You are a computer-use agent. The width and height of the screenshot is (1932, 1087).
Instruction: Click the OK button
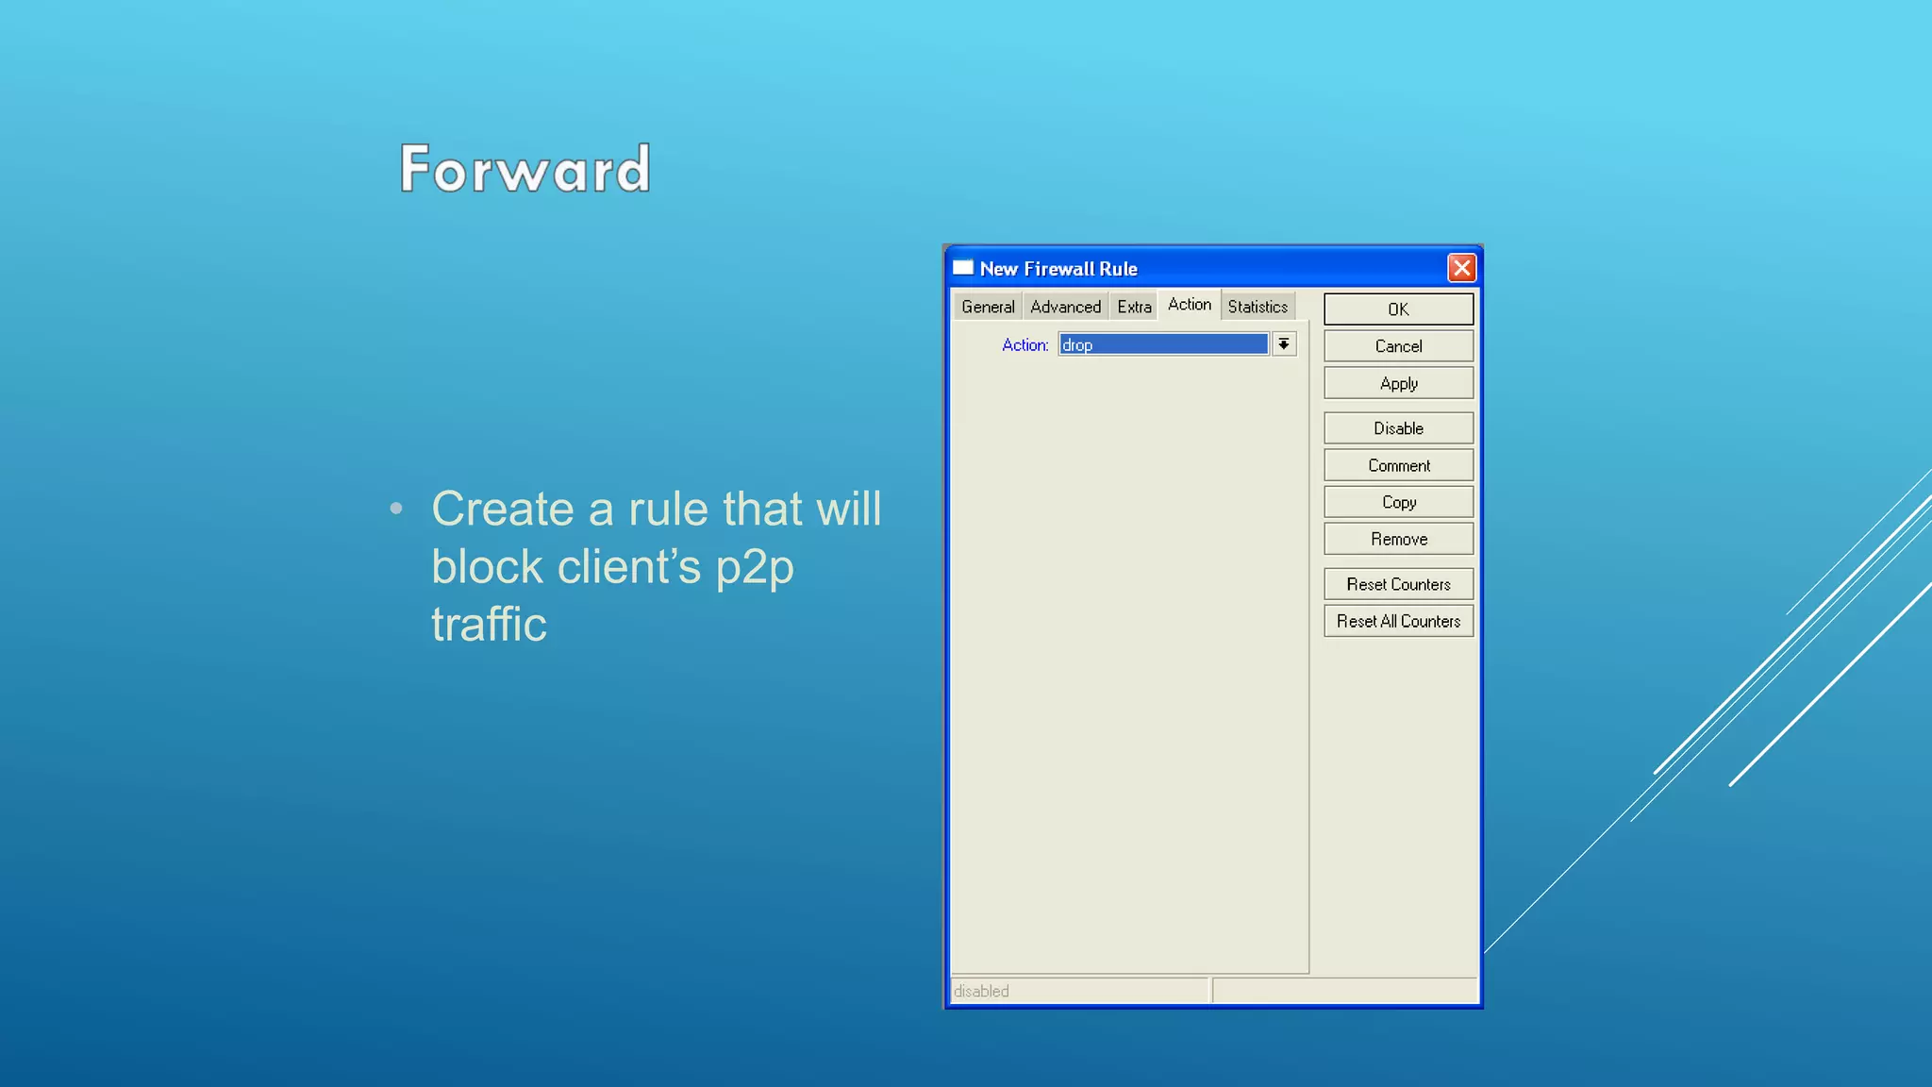click(x=1398, y=309)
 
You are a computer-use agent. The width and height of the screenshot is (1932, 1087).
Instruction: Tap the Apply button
click(x=1398, y=383)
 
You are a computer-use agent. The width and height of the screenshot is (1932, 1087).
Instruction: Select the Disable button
click(x=1398, y=428)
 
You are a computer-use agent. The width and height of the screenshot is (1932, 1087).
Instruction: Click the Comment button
click(x=1398, y=465)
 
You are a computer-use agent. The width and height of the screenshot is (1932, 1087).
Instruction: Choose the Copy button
click(x=1398, y=502)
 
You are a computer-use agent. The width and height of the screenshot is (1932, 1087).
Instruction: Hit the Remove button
click(x=1398, y=539)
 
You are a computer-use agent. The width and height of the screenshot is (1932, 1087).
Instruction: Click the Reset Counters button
click(x=1398, y=584)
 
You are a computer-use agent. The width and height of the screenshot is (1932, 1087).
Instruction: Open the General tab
click(x=988, y=307)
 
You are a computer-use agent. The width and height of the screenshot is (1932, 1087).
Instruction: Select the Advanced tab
click(x=1065, y=307)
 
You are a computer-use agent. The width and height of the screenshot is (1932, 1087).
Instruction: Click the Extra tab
click(x=1134, y=307)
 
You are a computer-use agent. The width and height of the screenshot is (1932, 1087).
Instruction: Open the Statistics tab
click(x=1257, y=307)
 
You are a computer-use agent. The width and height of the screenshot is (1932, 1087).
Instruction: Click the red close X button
click(x=1461, y=268)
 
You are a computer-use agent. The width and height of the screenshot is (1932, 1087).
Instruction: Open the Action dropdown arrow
click(x=1284, y=344)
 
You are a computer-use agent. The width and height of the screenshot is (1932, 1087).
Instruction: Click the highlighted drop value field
click(x=1163, y=344)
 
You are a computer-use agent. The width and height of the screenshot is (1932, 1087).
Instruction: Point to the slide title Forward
click(x=525, y=169)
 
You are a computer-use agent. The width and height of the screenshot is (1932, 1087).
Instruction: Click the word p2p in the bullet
click(x=754, y=568)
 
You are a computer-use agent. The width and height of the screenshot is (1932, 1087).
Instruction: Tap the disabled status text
click(x=981, y=991)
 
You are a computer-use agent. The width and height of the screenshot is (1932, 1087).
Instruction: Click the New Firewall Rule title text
click(x=1058, y=269)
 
